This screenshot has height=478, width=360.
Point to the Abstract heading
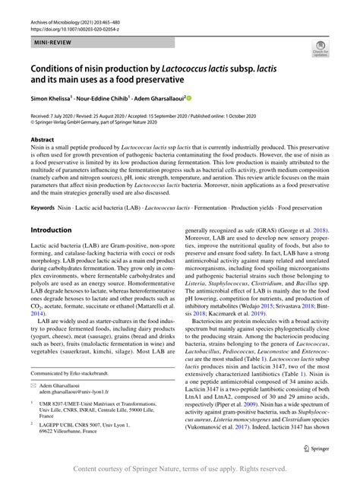tap(42, 141)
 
